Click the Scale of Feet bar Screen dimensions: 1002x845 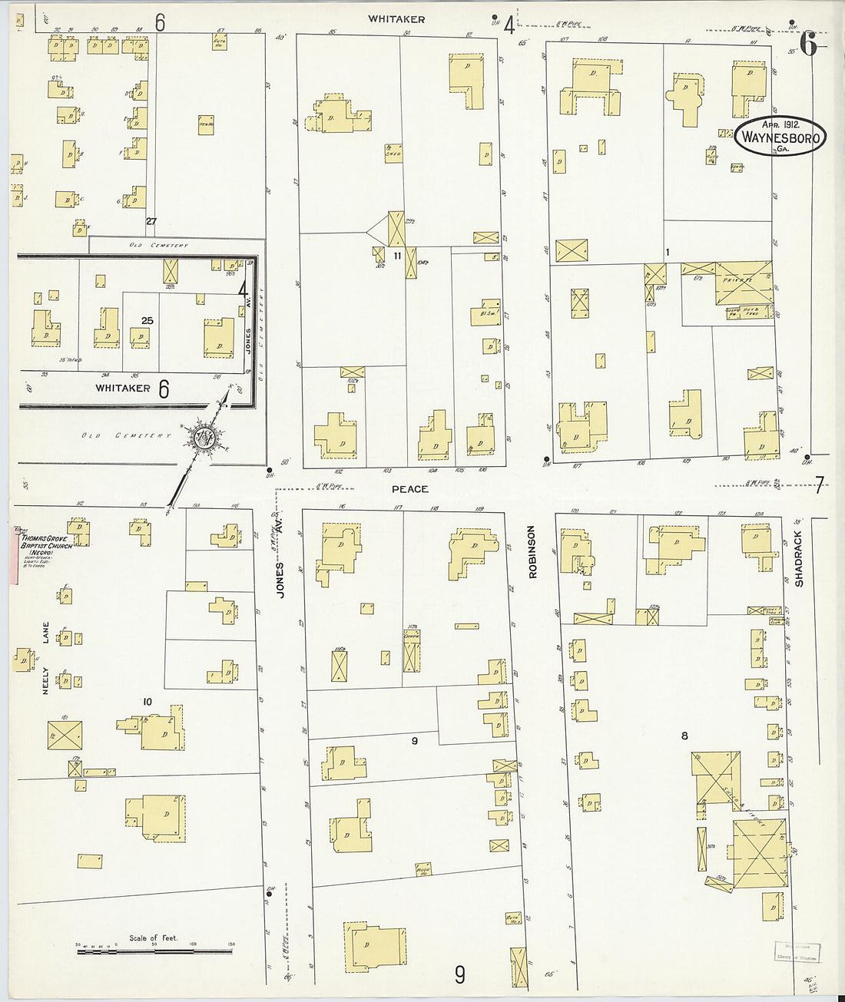(x=154, y=951)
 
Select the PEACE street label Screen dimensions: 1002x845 (x=409, y=489)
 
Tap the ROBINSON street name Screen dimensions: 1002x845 (x=532, y=551)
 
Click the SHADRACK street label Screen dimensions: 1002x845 (x=798, y=559)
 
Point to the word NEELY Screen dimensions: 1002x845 (x=45, y=680)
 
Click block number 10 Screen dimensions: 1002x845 (x=147, y=702)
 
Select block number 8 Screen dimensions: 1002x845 (x=684, y=736)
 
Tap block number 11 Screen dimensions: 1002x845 (x=397, y=256)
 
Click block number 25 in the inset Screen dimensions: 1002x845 (x=147, y=320)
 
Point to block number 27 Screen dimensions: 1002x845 (x=151, y=222)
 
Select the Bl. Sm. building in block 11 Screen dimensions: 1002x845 (x=485, y=313)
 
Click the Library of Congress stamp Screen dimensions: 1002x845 (x=797, y=952)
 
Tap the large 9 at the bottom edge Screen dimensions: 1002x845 (x=459, y=974)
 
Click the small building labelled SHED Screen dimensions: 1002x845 (x=393, y=153)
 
